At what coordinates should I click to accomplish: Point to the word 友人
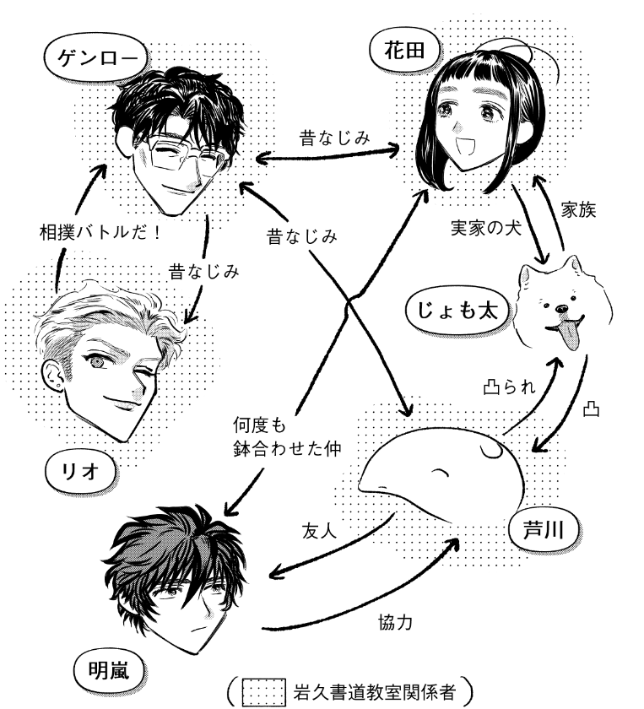pyautogui.click(x=320, y=531)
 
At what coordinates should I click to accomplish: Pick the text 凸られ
pyautogui.click(x=509, y=388)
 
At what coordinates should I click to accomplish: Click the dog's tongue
pyautogui.click(x=572, y=337)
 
